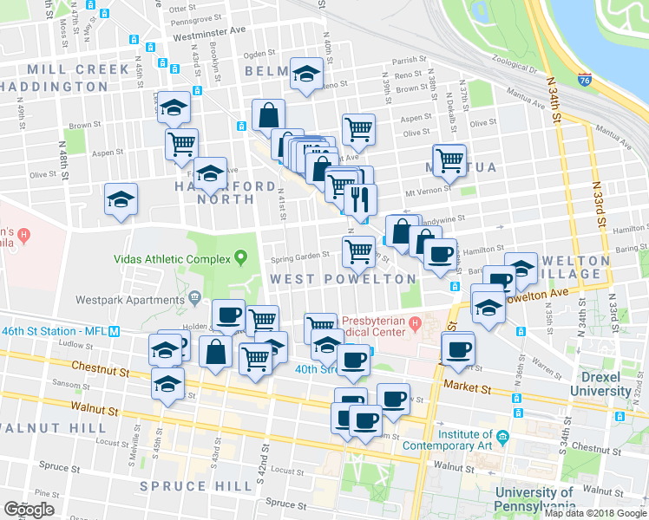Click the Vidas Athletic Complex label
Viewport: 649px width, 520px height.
(x=171, y=258)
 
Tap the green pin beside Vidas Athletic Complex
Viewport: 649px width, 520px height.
(x=239, y=258)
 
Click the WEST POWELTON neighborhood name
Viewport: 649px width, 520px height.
(x=343, y=279)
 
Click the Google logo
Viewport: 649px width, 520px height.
(x=29, y=510)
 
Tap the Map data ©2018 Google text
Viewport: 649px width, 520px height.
(x=596, y=513)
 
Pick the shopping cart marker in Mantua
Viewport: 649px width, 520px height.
(x=449, y=159)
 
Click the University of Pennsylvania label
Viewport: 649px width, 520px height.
(x=535, y=499)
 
